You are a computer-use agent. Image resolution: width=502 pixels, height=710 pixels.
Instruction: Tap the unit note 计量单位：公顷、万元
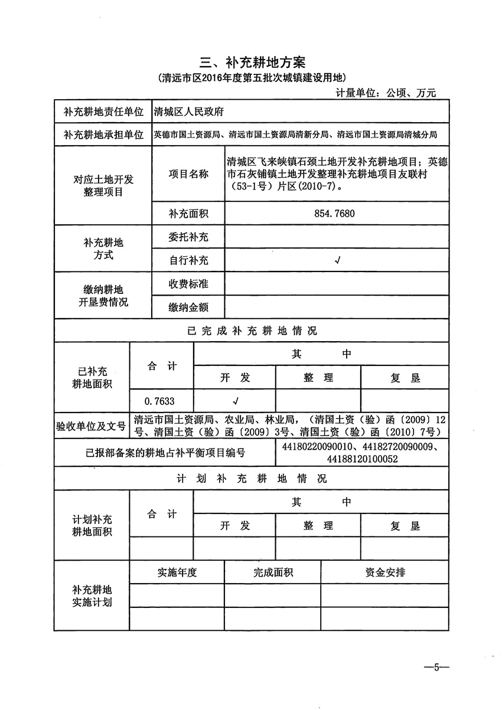(x=386, y=93)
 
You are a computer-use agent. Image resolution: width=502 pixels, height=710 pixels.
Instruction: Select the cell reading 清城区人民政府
(x=188, y=111)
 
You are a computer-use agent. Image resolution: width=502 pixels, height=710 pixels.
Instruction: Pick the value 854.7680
(x=335, y=213)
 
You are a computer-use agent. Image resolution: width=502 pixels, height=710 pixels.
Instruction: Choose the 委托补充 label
(x=188, y=237)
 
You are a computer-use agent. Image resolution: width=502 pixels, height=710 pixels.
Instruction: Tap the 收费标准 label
(x=188, y=284)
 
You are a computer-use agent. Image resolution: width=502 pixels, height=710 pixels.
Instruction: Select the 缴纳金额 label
(x=188, y=307)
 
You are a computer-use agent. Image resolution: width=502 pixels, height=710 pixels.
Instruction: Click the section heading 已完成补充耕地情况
(x=251, y=331)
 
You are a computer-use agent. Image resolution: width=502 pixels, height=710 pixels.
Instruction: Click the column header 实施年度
(x=177, y=572)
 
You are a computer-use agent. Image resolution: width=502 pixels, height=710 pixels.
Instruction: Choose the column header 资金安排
(x=385, y=572)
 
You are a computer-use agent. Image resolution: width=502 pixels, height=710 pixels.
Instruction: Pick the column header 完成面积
(x=273, y=572)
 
